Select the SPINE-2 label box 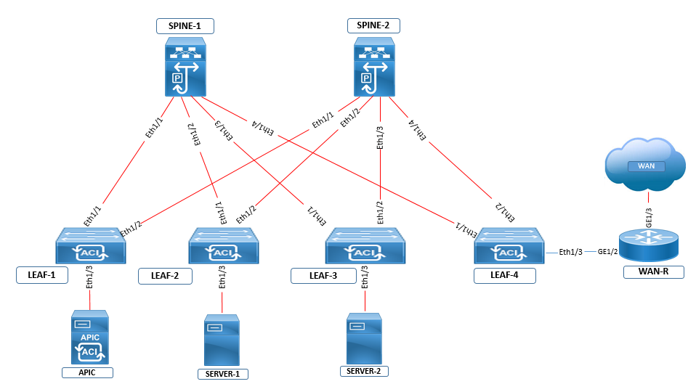coord(373,26)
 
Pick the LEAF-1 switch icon coord(91,246)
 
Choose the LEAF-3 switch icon coord(365,246)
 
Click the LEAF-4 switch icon coord(508,246)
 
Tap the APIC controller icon coord(90,338)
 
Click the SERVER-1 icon coord(222,340)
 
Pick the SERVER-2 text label coord(364,371)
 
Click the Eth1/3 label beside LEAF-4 coord(571,253)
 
